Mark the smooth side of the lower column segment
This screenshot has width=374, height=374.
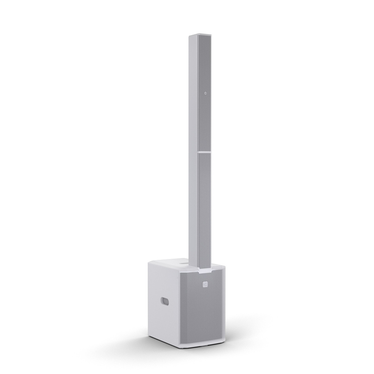(195, 210)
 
